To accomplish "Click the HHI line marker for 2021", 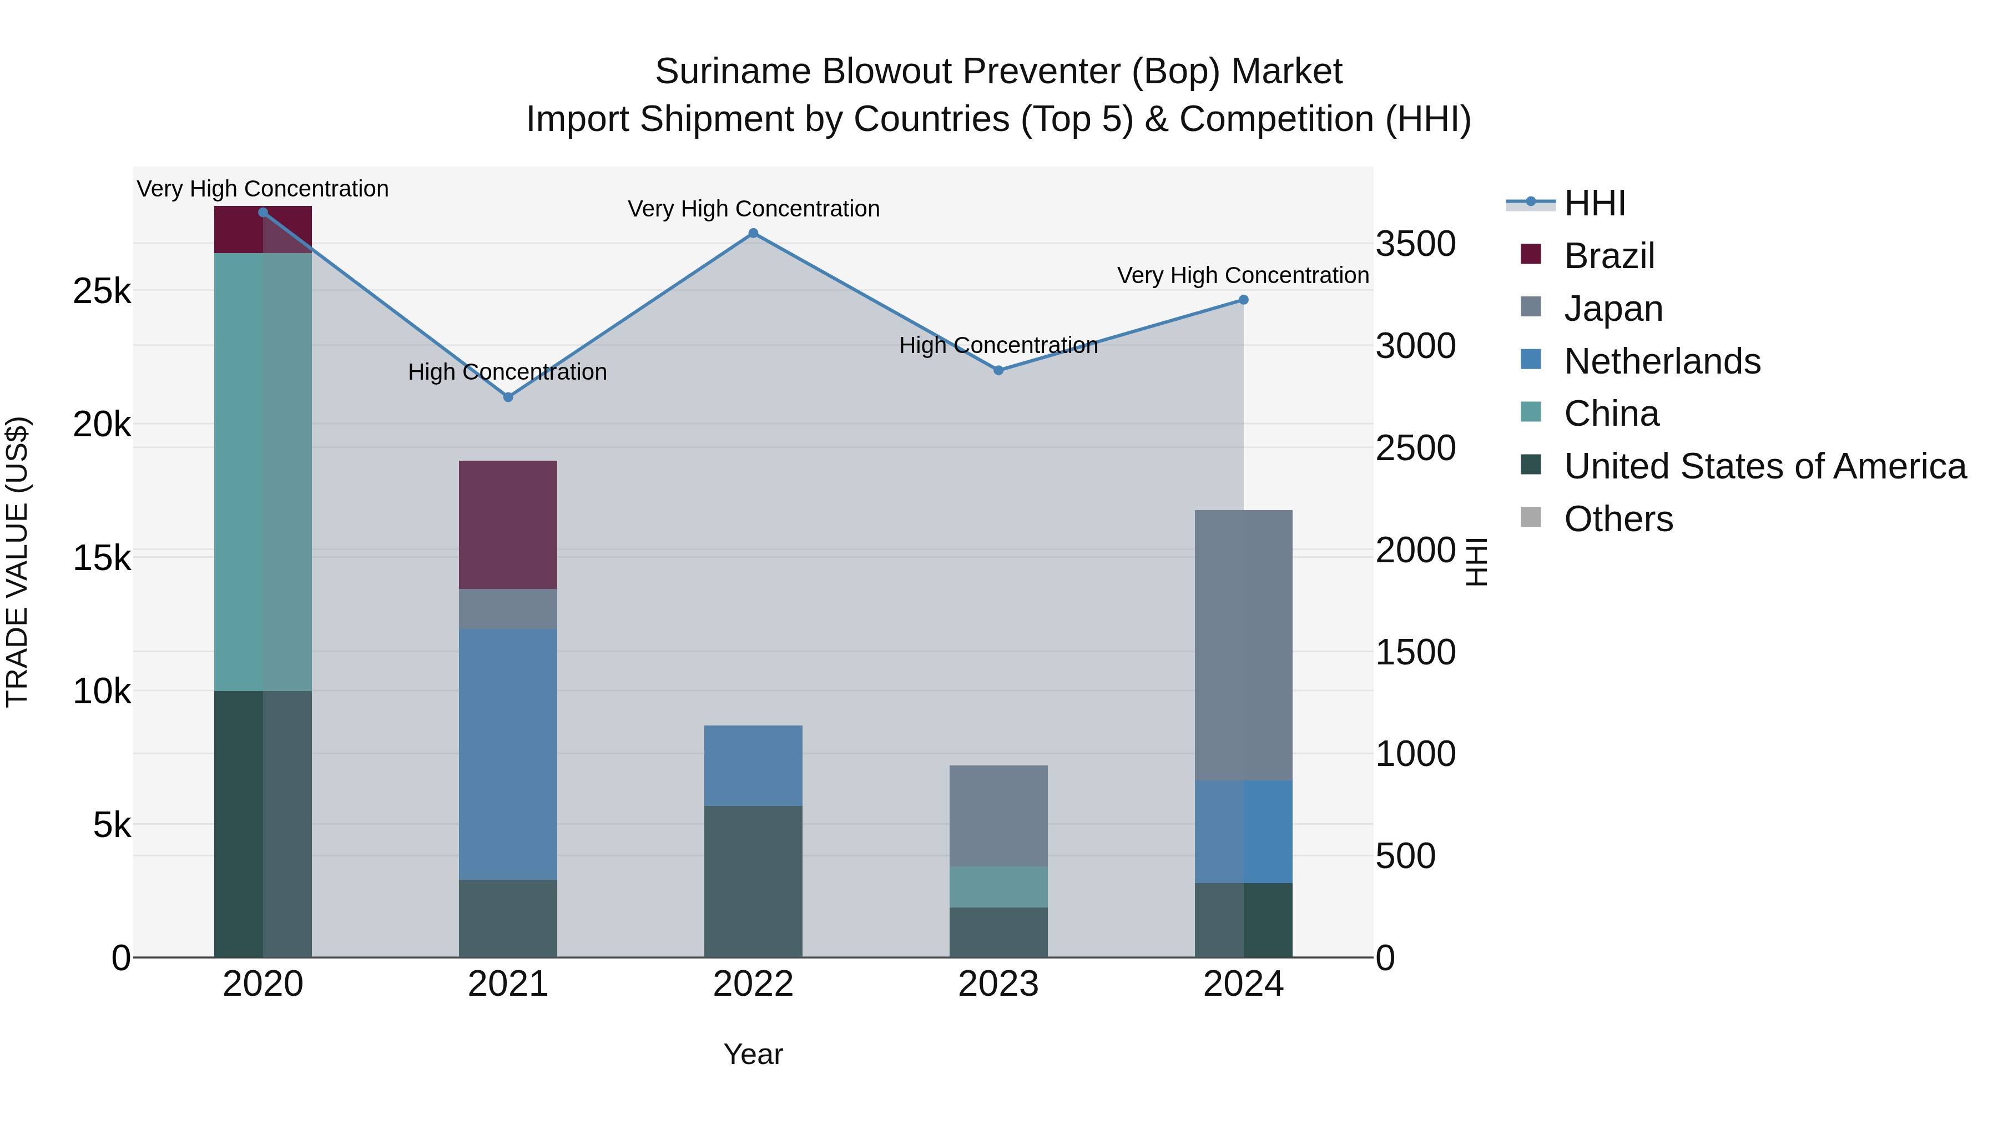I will (x=508, y=397).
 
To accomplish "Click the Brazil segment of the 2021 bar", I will (x=508, y=525).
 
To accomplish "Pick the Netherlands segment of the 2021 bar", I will (x=508, y=754).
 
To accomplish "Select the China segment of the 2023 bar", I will (x=998, y=886).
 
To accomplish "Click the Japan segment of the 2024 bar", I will (x=1243, y=646).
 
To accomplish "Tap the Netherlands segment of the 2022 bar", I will (x=753, y=765).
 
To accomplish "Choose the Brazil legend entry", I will (x=1608, y=256).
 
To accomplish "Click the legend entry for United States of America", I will (x=1764, y=466).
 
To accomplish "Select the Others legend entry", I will (x=1618, y=519).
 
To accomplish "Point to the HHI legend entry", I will (x=1594, y=203).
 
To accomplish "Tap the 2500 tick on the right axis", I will (x=1415, y=448).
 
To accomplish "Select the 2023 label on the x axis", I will (x=998, y=984).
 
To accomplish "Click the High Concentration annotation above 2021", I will (x=507, y=372).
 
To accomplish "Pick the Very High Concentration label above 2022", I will (x=753, y=209).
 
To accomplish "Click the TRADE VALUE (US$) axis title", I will (x=18, y=562).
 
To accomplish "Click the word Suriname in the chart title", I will (x=733, y=72).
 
